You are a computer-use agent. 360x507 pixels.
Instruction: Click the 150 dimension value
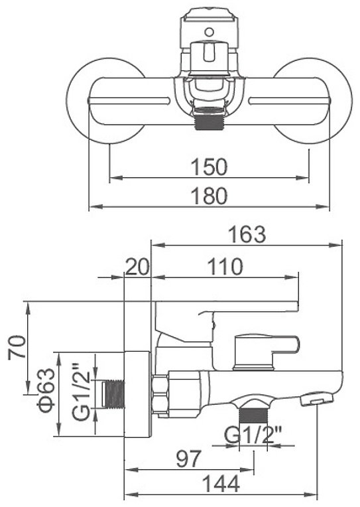(209, 167)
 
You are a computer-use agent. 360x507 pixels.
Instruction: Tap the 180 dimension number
(209, 196)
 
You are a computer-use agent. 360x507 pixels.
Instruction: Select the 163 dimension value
(247, 234)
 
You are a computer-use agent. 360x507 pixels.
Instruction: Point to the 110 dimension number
(225, 266)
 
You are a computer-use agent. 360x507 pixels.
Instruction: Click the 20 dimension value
(137, 266)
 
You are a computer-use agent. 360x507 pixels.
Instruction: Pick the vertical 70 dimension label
(18, 347)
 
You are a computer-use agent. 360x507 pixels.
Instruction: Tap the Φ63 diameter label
(46, 391)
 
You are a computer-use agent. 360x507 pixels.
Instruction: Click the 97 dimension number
(189, 459)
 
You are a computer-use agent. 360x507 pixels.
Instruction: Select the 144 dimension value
(221, 484)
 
